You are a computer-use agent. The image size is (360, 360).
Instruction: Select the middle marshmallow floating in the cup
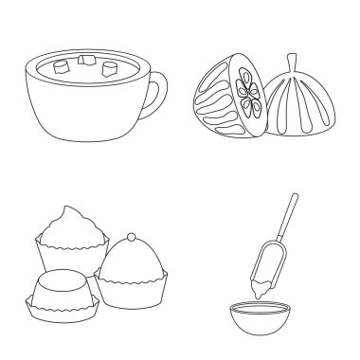coord(88,61)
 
